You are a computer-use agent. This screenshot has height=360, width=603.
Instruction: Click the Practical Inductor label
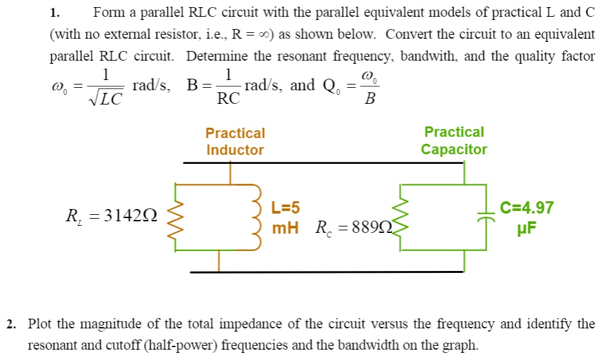[235, 142]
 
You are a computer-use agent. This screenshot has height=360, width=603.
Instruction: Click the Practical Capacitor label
[454, 141]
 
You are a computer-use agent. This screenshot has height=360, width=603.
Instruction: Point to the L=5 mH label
[285, 217]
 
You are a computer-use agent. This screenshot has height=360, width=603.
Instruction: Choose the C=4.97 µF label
[527, 217]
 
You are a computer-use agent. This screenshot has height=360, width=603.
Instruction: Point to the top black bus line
[323, 163]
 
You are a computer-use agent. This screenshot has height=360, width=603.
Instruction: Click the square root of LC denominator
[106, 99]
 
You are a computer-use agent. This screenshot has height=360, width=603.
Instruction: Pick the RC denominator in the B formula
[228, 99]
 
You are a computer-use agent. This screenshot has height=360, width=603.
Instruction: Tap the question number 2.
[12, 324]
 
